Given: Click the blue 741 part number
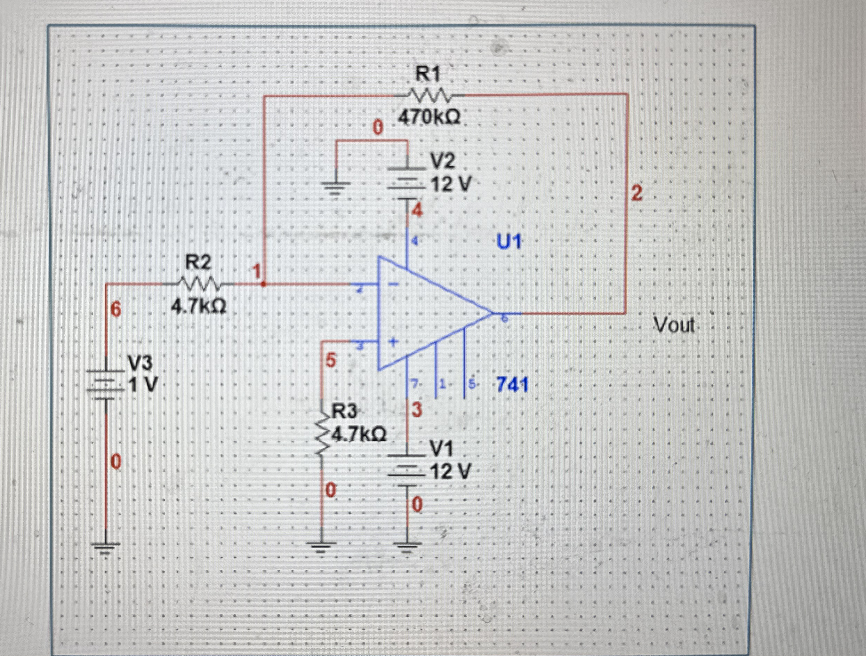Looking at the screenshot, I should click(512, 385).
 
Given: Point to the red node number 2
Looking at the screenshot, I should click(636, 193).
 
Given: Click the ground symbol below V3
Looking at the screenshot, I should click(106, 546).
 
